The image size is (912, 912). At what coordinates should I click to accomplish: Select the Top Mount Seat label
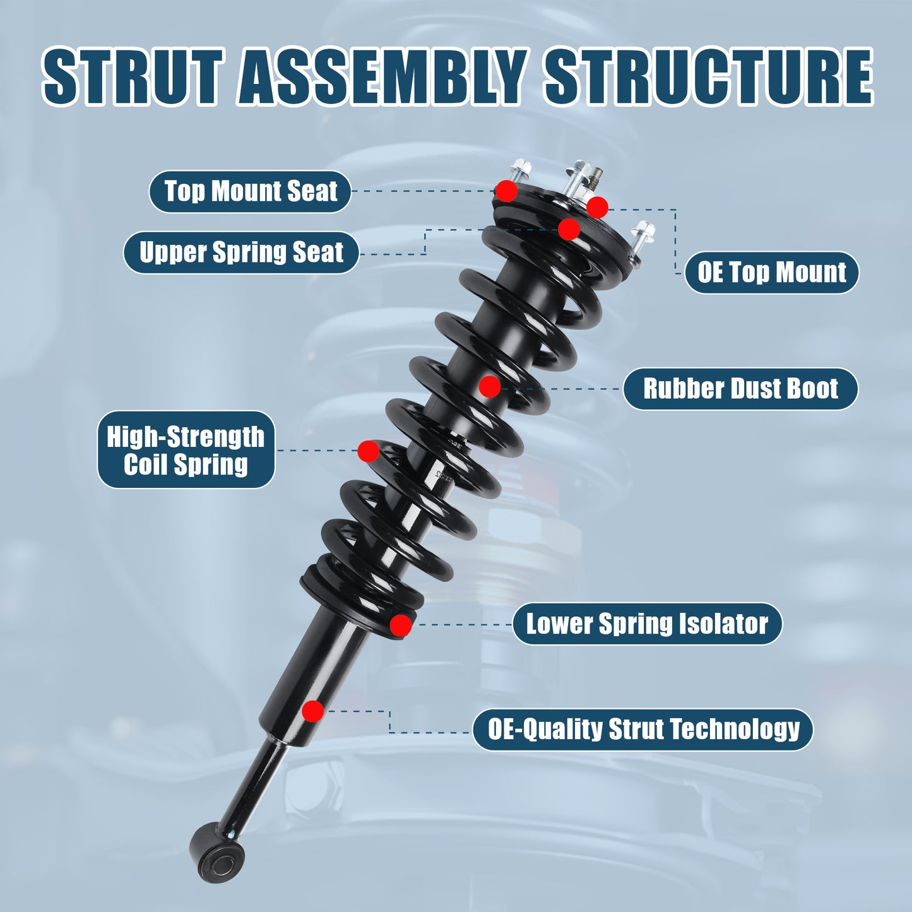pos(251,191)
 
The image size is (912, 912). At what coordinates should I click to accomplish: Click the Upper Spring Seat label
pos(241,252)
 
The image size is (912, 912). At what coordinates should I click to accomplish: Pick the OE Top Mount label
pos(771,273)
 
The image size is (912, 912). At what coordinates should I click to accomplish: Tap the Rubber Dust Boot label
pos(740,389)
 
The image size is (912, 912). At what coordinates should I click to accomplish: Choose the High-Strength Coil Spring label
pos(186,450)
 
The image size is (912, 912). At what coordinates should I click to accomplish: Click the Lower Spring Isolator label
pos(647,624)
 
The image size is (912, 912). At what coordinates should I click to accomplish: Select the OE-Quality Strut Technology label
pos(643,730)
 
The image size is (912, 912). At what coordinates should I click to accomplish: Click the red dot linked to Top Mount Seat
pos(506,191)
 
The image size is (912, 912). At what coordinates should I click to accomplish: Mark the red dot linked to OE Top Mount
pos(597,207)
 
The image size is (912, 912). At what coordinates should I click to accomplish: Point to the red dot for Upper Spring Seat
pos(569,229)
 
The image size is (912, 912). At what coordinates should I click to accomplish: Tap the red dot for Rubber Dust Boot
pos(489,386)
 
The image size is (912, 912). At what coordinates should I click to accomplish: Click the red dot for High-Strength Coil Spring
pos(368,451)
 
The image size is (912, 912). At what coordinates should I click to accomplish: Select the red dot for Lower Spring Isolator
pos(400,625)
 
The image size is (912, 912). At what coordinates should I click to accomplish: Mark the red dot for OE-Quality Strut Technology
pos(312,711)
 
